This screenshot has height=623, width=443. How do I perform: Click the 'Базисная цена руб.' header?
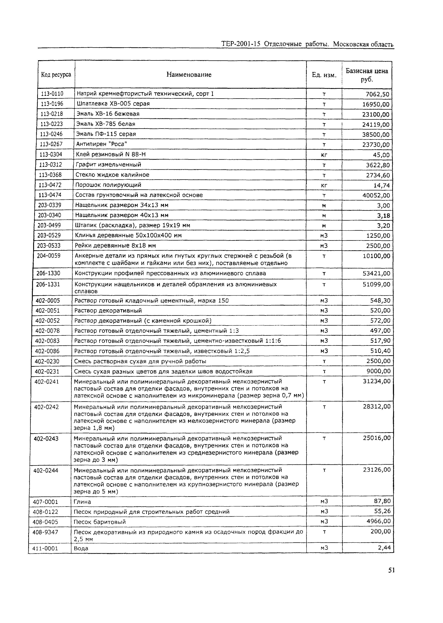pyautogui.click(x=367, y=75)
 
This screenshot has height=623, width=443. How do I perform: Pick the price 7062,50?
pyautogui.click(x=378, y=94)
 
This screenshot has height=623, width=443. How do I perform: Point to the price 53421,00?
pyautogui.click(x=376, y=273)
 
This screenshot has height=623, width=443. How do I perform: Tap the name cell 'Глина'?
pyautogui.click(x=82, y=502)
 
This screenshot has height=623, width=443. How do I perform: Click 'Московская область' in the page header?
pyautogui.click(x=363, y=44)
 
